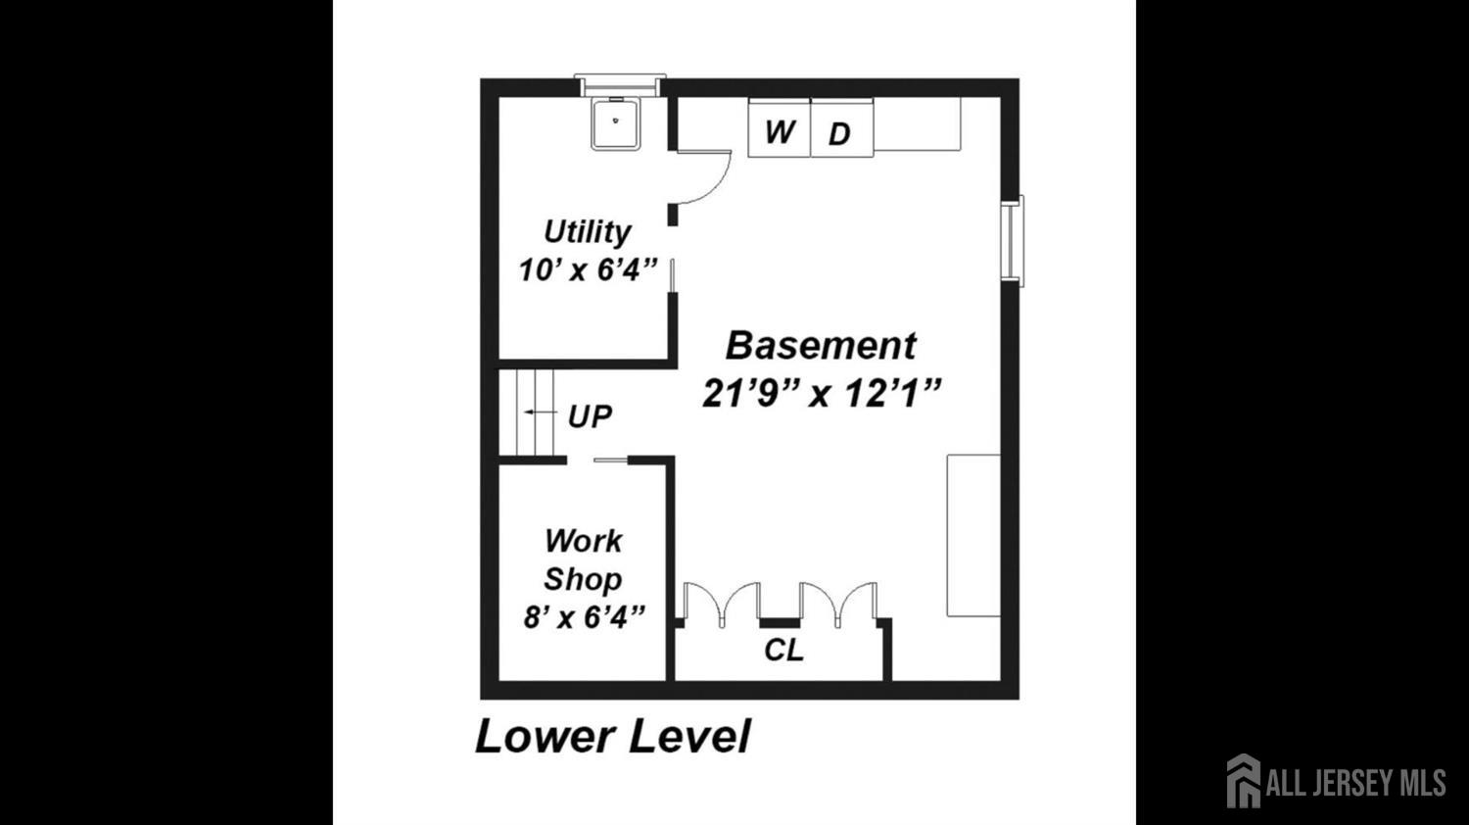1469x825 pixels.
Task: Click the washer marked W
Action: coord(780,128)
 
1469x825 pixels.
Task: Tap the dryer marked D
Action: coord(842,128)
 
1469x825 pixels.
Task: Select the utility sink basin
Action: coord(616,124)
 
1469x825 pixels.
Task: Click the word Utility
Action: coord(587,233)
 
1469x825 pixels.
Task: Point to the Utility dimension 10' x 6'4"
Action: coord(588,269)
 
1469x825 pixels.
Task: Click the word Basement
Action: coord(821,346)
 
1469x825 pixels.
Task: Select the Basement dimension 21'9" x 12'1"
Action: coord(821,394)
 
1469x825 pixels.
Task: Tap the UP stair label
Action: coord(591,416)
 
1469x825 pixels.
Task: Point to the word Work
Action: coord(583,542)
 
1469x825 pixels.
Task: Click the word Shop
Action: coord(583,579)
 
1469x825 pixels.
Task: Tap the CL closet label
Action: coord(783,651)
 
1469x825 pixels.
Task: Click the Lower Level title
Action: coord(612,737)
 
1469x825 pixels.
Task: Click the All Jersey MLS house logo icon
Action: coord(1244,780)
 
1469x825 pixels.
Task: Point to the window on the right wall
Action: coord(1013,241)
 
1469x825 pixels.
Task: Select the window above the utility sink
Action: coord(620,85)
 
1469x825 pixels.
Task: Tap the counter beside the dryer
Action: coord(918,124)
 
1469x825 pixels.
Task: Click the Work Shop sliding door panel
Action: coord(611,461)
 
